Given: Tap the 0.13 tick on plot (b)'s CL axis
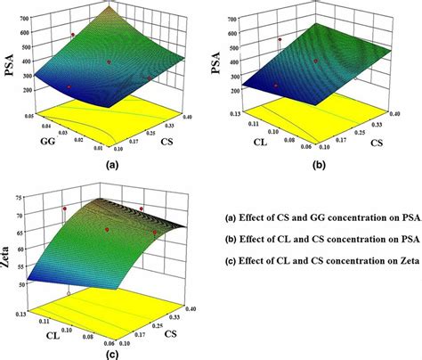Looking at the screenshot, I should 238,112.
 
